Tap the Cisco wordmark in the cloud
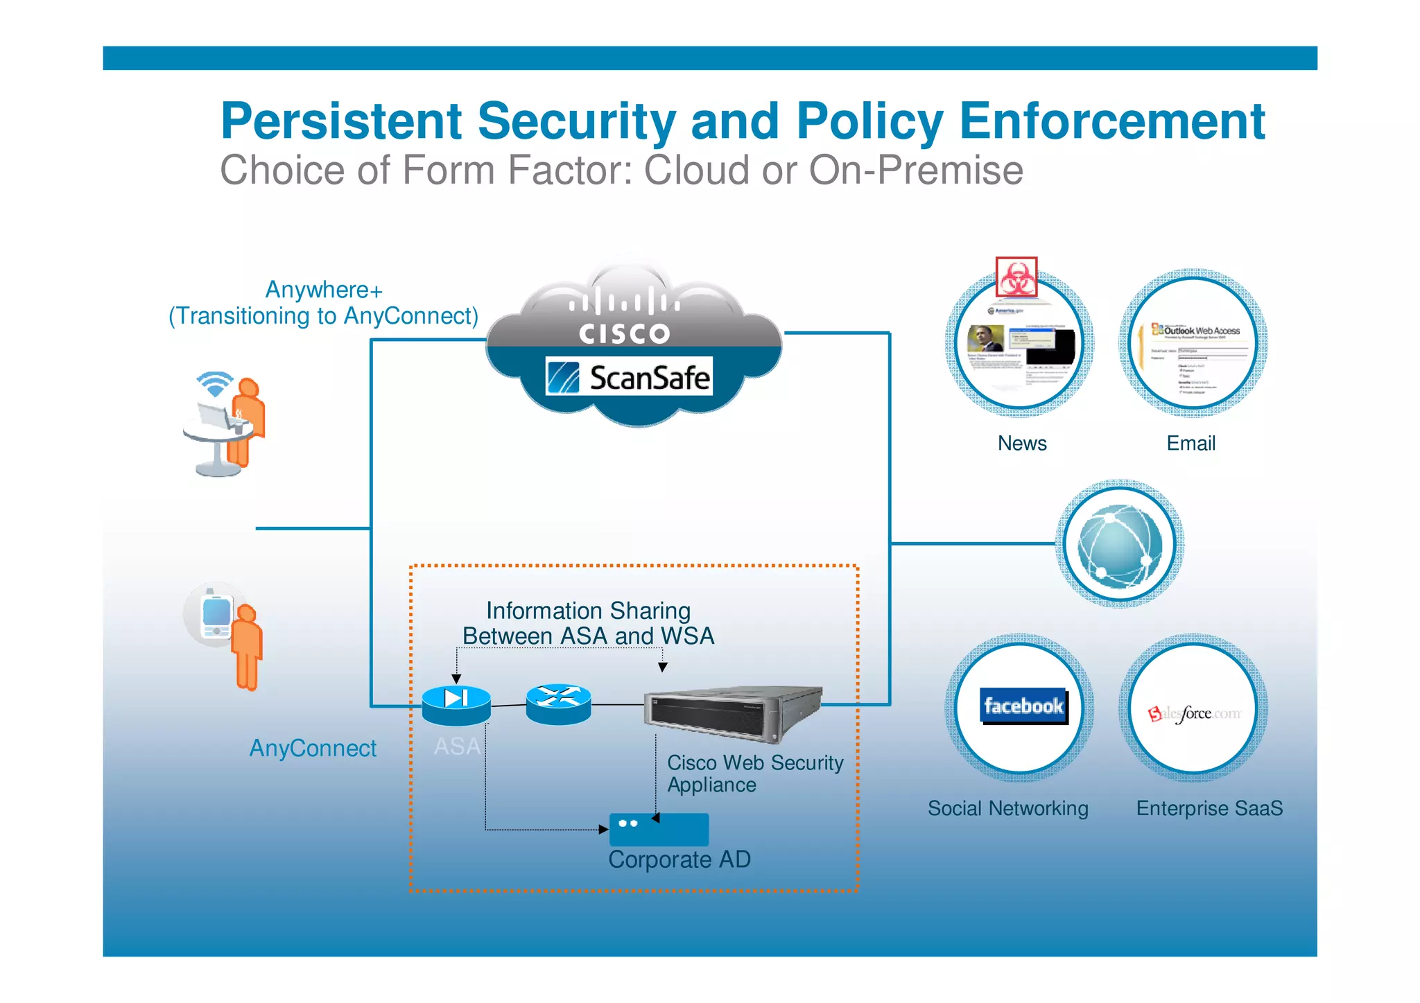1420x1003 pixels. click(624, 333)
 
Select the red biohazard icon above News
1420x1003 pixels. click(1016, 277)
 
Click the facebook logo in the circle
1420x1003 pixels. click(1023, 706)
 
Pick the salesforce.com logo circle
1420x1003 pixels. click(1193, 709)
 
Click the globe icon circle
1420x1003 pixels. click(1119, 545)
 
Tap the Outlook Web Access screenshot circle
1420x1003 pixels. click(1193, 344)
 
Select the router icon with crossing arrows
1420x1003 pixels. click(558, 703)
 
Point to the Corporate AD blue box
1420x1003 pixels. click(659, 830)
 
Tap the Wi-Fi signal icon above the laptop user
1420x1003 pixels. click(214, 383)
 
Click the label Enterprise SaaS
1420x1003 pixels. click(1209, 808)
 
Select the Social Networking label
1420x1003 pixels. click(1007, 808)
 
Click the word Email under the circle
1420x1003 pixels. click(1190, 443)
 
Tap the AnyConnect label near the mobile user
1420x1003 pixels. click(313, 748)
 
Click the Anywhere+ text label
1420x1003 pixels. click(324, 290)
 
